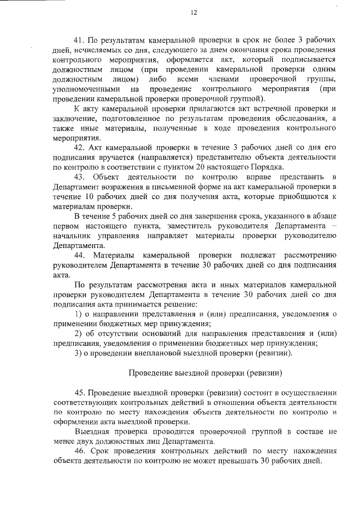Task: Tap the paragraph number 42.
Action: pos(79,148)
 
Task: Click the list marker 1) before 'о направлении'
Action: pos(78,313)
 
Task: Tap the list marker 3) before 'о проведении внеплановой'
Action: pos(78,353)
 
